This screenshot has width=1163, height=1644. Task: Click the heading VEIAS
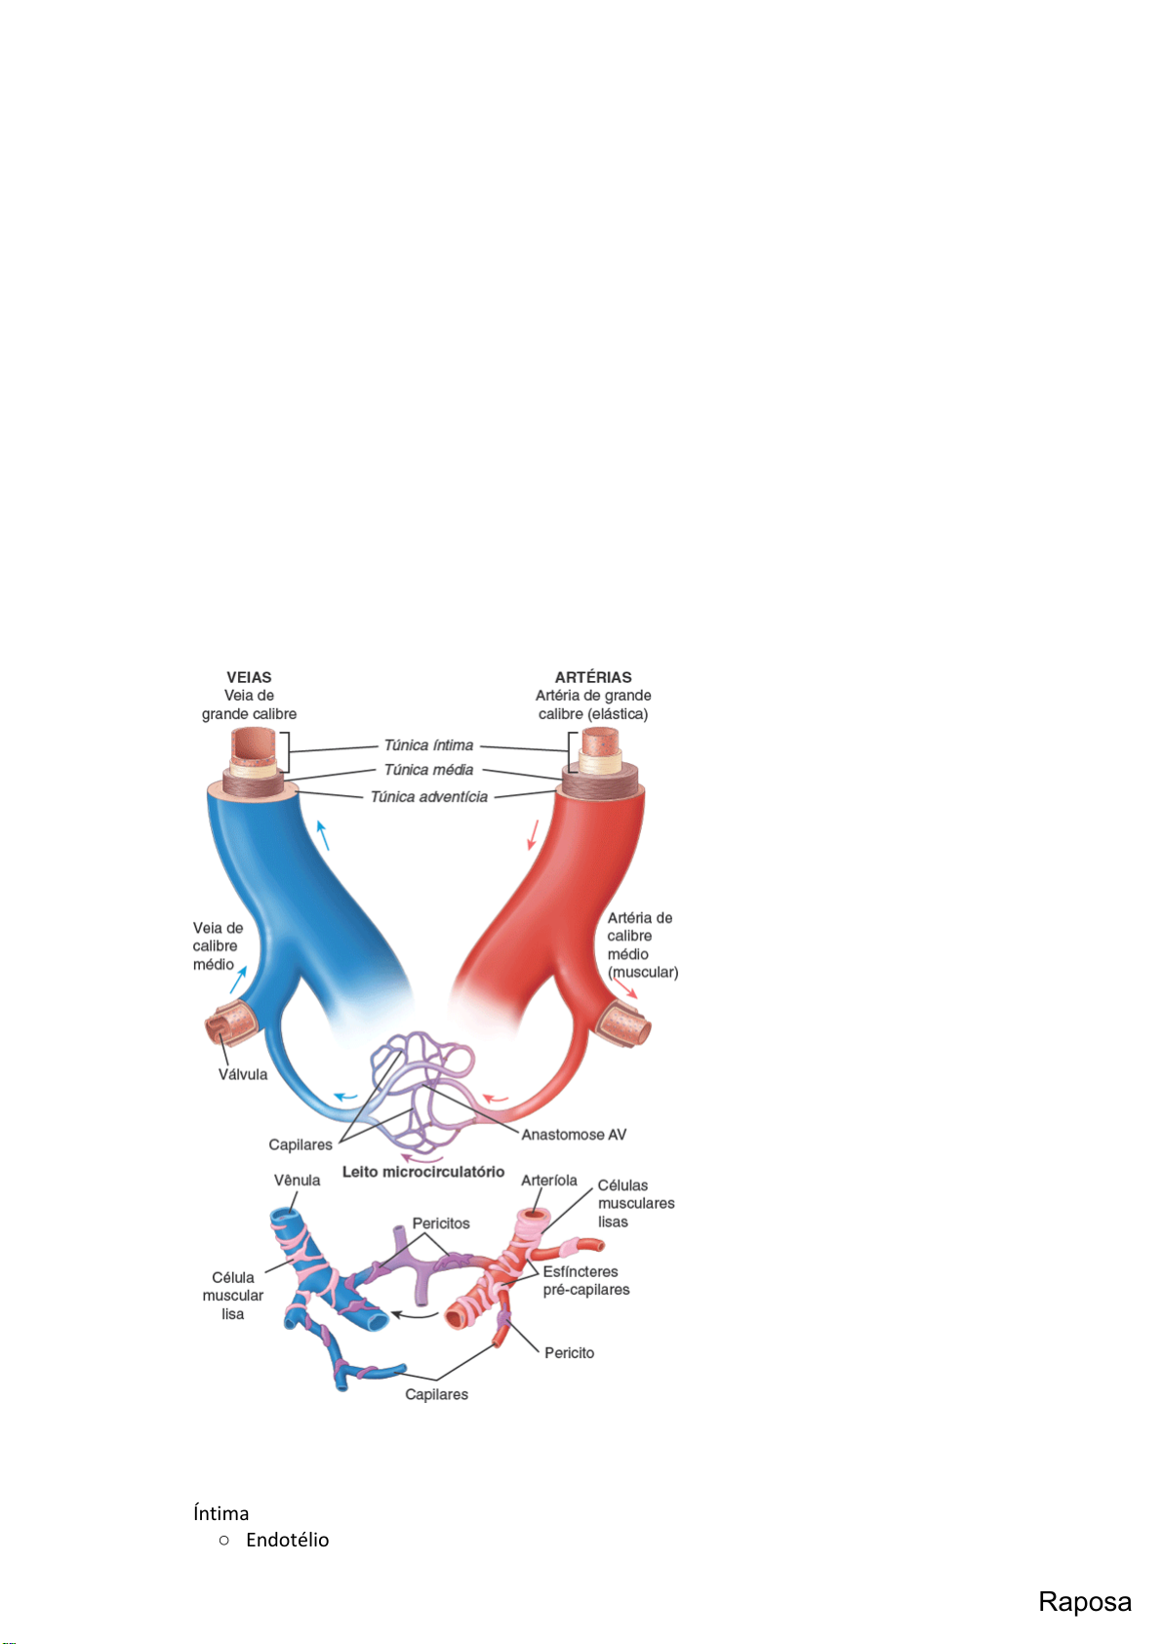[x=249, y=677]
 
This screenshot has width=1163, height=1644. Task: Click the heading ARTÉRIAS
[x=593, y=677]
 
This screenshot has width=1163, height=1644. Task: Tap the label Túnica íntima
[x=428, y=745]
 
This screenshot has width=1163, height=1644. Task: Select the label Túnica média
[x=428, y=770]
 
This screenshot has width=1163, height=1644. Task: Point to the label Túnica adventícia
[x=428, y=797]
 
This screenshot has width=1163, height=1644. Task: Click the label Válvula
[x=243, y=1074]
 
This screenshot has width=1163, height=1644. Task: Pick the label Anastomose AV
[x=574, y=1135]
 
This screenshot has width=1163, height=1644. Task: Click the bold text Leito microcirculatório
[x=423, y=1172]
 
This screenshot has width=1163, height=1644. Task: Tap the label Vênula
[x=297, y=1181]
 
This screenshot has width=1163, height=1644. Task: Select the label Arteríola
[x=549, y=1181]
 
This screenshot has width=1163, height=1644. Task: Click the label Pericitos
[x=441, y=1223]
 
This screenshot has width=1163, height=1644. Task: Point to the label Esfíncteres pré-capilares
[x=585, y=1281]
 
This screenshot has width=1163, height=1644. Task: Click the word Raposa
[x=1084, y=1602]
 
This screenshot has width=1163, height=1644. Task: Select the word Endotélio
[x=287, y=1540]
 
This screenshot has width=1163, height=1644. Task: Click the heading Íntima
[x=221, y=1513]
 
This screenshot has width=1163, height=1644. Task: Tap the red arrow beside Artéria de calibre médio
[x=625, y=988]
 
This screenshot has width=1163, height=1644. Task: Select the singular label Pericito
[x=569, y=1353]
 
